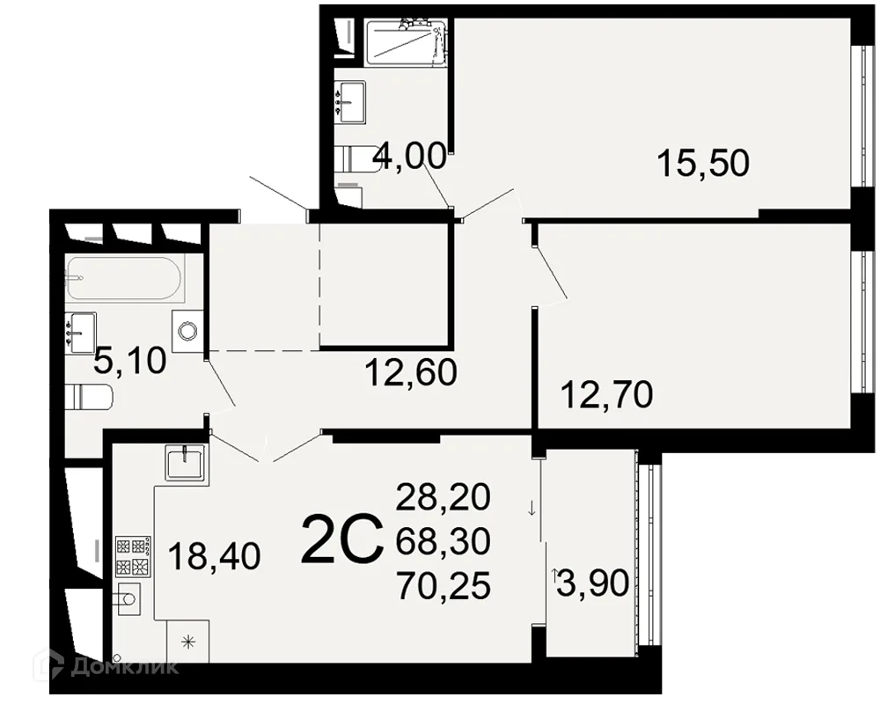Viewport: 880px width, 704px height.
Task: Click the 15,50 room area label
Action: point(703,163)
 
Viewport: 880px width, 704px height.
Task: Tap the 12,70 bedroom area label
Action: point(606,394)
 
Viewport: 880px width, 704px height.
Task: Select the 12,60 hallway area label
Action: point(411,372)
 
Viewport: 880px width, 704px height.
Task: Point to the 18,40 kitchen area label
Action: point(215,556)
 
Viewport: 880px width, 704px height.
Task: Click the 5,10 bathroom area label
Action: point(129,360)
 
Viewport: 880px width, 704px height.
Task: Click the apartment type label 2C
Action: point(342,538)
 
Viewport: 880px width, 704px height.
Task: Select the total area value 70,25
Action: point(443,585)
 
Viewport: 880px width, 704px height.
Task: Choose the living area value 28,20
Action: point(443,497)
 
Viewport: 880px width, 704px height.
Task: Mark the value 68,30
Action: point(443,541)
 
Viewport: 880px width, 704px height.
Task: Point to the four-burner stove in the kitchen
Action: point(133,556)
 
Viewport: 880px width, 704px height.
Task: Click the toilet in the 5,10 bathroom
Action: point(89,397)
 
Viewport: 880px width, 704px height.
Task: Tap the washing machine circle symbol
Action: point(187,331)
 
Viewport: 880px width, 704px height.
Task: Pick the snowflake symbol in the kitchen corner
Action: point(188,642)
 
